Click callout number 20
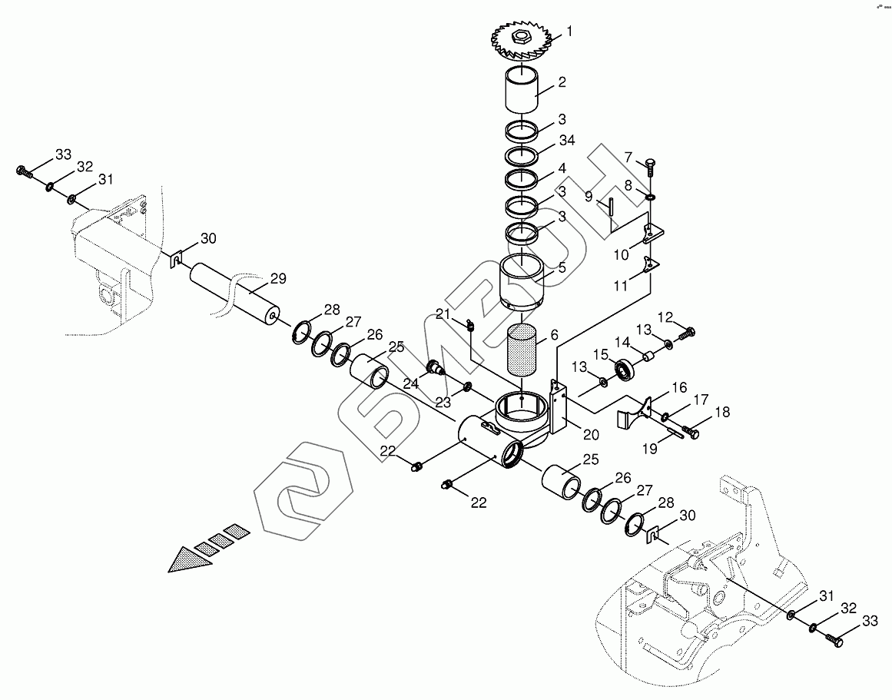(x=591, y=434)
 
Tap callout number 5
(x=562, y=267)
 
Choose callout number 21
(x=443, y=314)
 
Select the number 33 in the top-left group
(x=62, y=155)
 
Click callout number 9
(x=588, y=196)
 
